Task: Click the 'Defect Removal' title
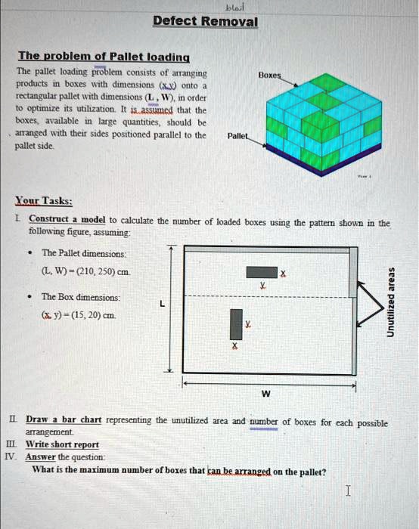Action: tap(205, 21)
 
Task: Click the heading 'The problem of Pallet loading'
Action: tap(104, 57)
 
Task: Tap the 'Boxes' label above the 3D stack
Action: tap(269, 75)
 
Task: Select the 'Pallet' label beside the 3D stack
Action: tap(237, 136)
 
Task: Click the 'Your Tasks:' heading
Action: tap(44, 201)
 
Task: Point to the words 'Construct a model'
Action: tap(67, 219)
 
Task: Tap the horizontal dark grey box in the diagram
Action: tap(262, 272)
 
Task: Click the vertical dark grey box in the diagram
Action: tap(236, 324)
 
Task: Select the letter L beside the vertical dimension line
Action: tap(163, 304)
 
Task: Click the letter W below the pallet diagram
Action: tap(266, 394)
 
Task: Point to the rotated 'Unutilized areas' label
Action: tap(391, 302)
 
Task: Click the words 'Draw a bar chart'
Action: tap(64, 419)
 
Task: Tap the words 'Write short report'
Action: tap(62, 444)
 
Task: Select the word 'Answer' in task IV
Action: tap(40, 457)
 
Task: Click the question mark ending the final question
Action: tap(324, 472)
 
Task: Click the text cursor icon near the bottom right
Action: tap(348, 490)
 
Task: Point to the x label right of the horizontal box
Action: tap(283, 273)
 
